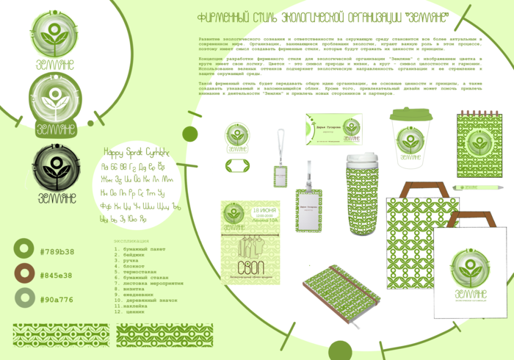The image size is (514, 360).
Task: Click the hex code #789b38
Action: (57, 251)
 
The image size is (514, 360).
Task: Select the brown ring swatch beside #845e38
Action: (25, 275)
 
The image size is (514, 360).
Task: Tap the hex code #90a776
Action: (57, 299)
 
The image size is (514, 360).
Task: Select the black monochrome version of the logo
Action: (54, 169)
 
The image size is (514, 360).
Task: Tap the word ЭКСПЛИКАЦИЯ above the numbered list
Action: (131, 240)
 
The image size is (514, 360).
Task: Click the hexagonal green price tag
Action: (238, 167)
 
